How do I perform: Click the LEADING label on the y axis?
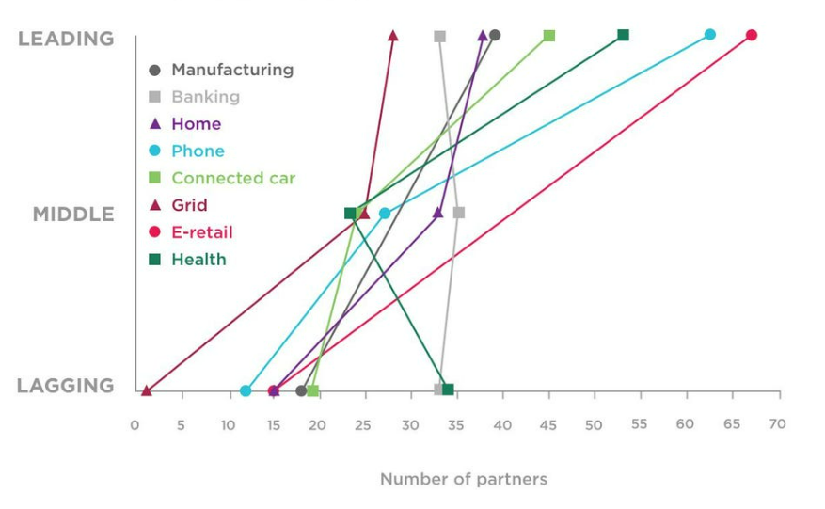(66, 39)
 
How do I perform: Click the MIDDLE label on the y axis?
(73, 215)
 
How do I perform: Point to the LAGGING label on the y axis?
(66, 386)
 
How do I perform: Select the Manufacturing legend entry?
(231, 70)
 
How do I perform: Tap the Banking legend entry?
(205, 97)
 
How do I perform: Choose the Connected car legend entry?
(232, 178)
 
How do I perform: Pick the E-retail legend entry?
(201, 232)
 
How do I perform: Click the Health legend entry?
(198, 260)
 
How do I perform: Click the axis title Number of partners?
(463, 480)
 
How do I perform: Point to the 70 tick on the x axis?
(777, 424)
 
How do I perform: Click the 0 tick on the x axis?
(135, 425)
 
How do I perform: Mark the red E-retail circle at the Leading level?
(751, 36)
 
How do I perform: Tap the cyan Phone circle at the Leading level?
(710, 35)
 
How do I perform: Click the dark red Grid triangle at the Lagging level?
(146, 390)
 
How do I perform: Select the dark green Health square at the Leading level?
(623, 36)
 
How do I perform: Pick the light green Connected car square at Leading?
(549, 36)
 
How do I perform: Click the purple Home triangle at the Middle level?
(437, 213)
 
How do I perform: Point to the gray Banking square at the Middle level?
(459, 213)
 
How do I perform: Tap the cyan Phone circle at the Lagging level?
(246, 390)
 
